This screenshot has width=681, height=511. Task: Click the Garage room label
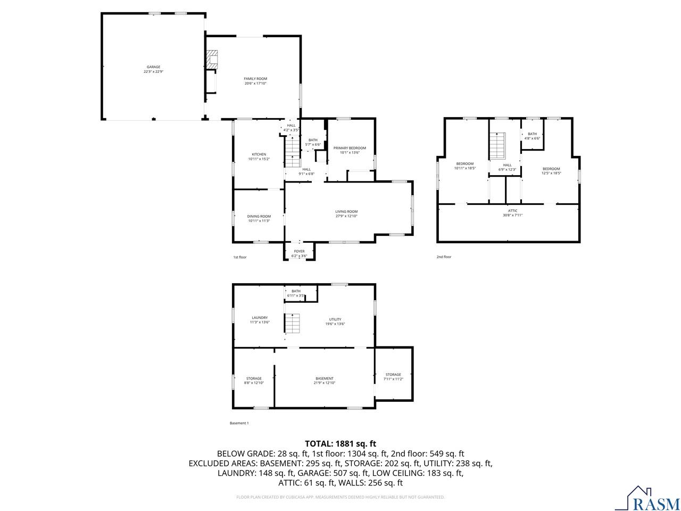pos(153,67)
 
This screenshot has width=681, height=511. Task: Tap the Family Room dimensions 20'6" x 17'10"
pos(255,84)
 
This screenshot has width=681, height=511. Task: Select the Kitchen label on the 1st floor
pos(259,154)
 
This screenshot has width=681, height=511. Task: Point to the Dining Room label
pos(259,216)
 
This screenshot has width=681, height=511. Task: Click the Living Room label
pos(346,211)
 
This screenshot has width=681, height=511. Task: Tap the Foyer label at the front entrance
pos(300,251)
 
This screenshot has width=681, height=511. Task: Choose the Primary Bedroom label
pos(350,148)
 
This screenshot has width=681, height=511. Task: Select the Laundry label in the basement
pos(260,318)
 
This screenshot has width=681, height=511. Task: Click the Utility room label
pos(335,319)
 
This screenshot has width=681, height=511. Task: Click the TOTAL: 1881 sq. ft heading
pos(340,443)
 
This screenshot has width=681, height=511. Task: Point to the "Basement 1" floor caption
pos(239,423)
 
